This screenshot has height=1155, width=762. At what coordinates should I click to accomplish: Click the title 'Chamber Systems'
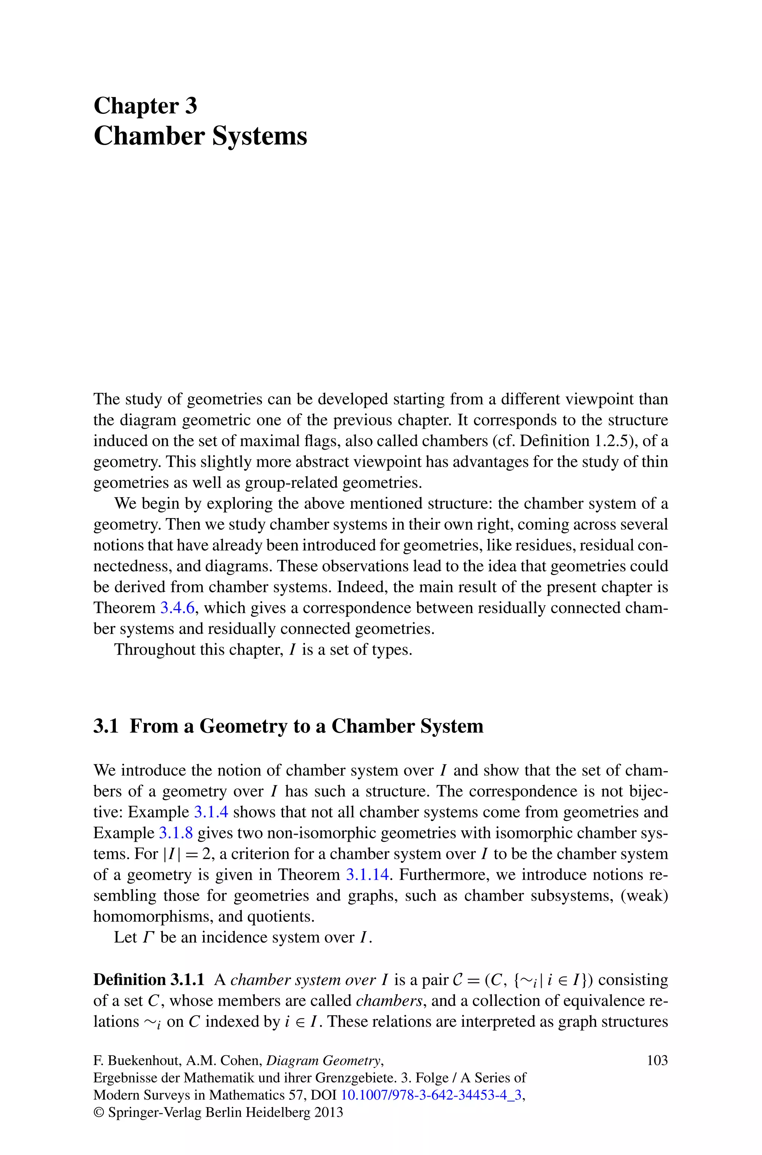[200, 136]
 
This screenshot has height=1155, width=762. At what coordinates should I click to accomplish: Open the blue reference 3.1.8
[176, 833]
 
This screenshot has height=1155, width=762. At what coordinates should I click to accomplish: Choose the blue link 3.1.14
[367, 875]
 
